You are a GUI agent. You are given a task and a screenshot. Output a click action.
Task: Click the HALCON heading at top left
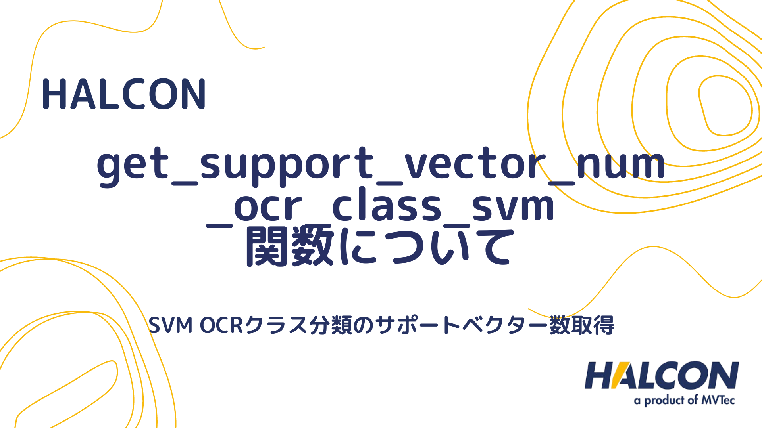124,94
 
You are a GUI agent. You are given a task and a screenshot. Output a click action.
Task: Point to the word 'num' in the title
620,163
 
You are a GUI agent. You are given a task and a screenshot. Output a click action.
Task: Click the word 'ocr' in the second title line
268,206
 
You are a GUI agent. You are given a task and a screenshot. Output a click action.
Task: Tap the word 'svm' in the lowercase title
513,206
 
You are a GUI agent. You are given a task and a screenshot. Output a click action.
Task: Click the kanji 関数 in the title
290,246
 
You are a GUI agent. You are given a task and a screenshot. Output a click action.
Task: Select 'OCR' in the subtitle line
221,326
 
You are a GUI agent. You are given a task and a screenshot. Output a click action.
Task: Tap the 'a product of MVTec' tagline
684,401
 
